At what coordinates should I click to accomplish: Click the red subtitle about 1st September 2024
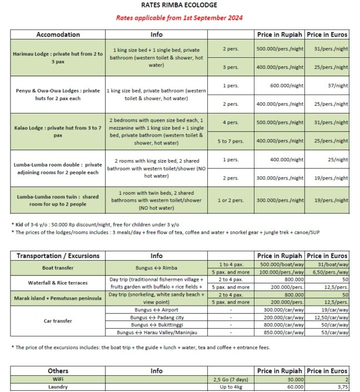179,18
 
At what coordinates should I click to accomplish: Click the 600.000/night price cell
280,86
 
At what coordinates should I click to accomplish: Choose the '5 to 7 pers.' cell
231,141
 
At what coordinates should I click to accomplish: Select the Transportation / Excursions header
58,256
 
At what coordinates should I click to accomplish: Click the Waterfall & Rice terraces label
58,282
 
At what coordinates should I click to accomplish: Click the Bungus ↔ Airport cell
156,309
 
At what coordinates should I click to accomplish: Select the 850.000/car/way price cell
280,333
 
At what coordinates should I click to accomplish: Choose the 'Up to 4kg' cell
231,388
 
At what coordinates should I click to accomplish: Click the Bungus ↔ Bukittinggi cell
156,325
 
